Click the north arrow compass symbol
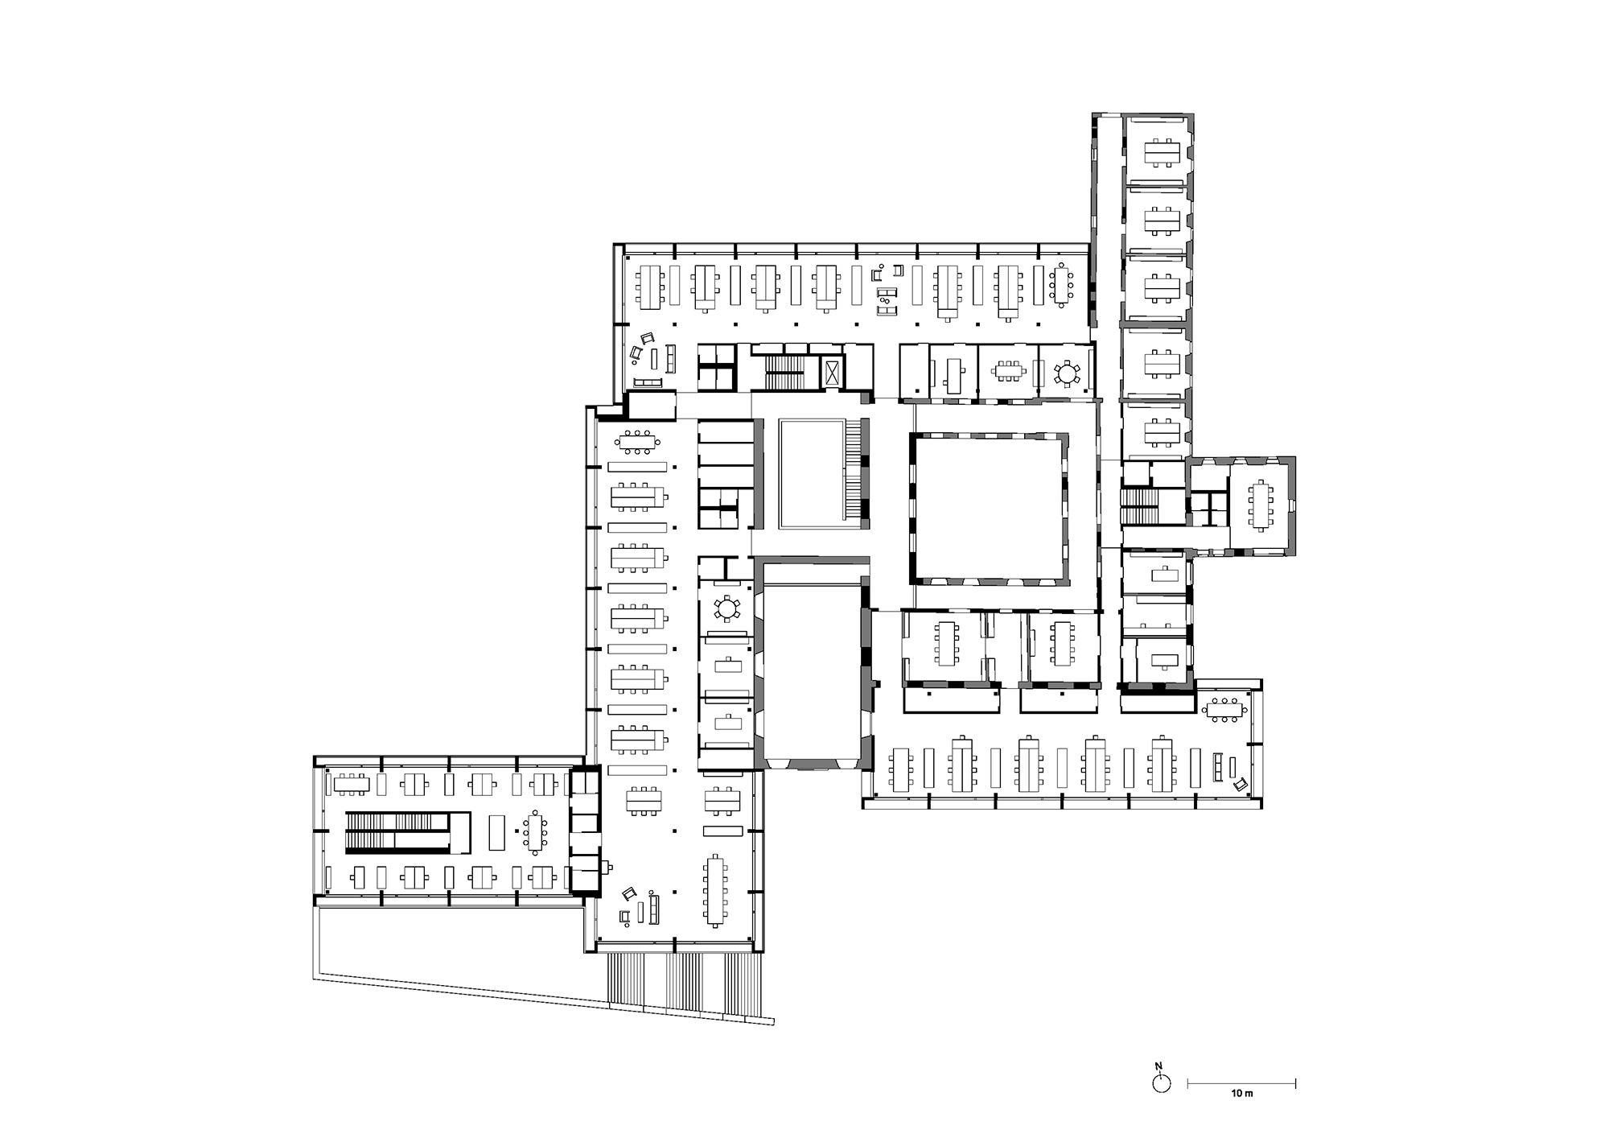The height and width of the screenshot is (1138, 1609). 1161,1083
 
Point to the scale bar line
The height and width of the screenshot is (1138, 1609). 1241,1082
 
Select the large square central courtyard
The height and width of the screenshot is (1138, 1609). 990,508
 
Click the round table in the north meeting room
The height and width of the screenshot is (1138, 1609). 1067,373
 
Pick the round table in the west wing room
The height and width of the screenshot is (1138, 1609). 727,609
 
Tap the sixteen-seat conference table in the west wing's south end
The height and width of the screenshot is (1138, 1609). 715,890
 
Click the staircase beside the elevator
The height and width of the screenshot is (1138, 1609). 780,373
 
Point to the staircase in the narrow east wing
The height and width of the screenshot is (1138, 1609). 1138,506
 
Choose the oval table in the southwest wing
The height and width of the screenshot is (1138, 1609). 535,832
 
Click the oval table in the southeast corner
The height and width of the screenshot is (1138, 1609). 1224,709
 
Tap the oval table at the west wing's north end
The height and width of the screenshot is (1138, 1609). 638,441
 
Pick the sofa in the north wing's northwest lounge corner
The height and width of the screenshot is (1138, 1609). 648,382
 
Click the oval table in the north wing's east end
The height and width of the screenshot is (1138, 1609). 1062,285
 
